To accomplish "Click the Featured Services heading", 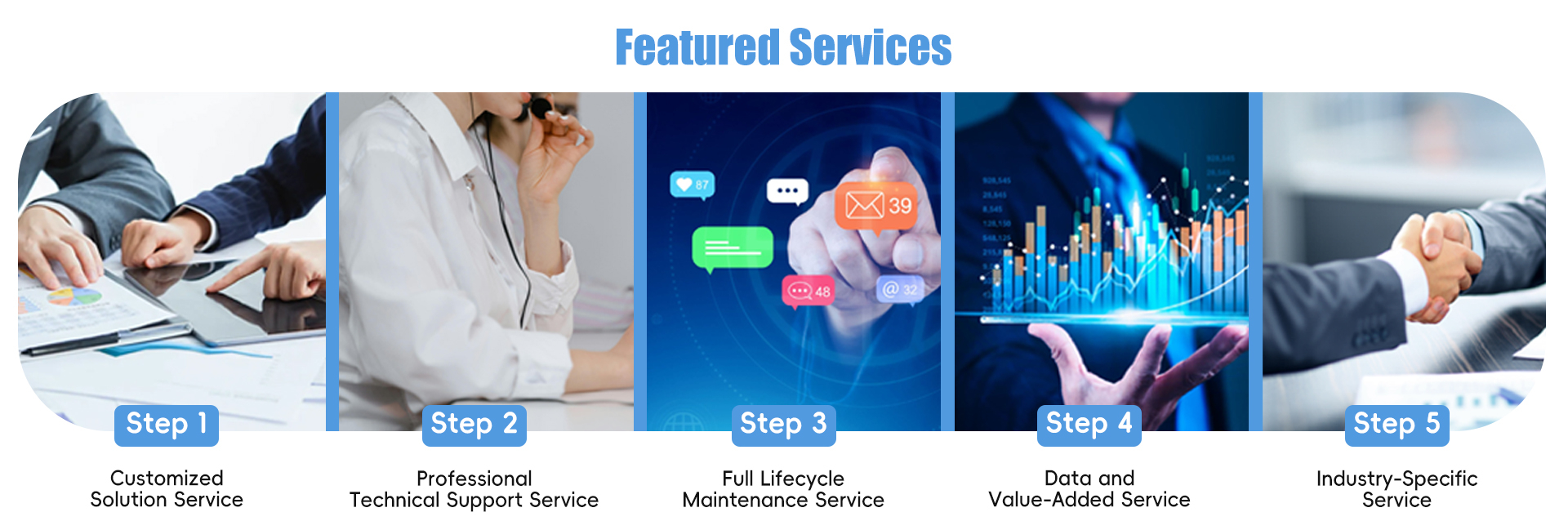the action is point(783,47).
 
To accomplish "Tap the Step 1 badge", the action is point(167,425).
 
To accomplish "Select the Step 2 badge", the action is point(474,425).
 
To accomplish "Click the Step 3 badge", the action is point(784,425).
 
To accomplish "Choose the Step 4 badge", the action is point(1089,425).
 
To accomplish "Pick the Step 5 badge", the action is point(1397,425).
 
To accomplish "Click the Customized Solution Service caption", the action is point(167,489).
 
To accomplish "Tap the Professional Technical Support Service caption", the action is point(474,489).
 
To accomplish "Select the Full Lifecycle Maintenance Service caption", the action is point(784,489).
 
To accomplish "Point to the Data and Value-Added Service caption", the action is point(1089,489).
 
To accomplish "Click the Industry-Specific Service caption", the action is point(1397,489).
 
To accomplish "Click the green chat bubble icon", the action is point(733,248).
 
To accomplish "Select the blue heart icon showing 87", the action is point(693,185).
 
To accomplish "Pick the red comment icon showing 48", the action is point(808,291).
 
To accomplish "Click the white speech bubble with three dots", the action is point(787,190).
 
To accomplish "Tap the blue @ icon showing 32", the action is point(900,289).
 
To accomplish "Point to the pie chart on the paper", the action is point(74,296).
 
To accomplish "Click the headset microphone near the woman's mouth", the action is point(538,107).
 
